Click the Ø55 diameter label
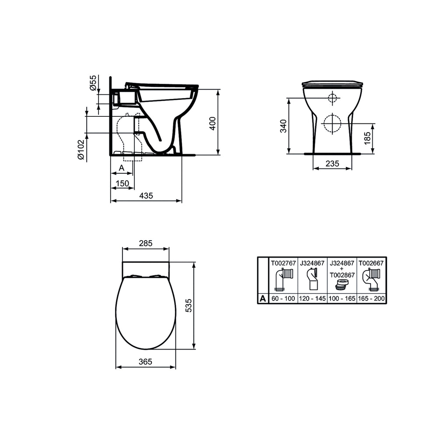[x=93, y=82]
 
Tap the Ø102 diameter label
[x=80, y=150]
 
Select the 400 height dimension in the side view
[x=212, y=123]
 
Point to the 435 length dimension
[x=146, y=196]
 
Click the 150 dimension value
[x=122, y=183]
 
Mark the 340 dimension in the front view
[x=283, y=126]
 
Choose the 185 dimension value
[x=367, y=139]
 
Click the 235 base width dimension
[x=332, y=163]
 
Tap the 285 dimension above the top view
[x=145, y=243]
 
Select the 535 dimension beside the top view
[x=188, y=305]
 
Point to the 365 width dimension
[x=145, y=362]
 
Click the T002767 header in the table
[x=283, y=263]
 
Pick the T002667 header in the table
[x=371, y=263]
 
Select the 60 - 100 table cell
[x=283, y=299]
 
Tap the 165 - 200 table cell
[x=371, y=299]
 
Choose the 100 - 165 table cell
[x=342, y=299]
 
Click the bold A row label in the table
[x=262, y=299]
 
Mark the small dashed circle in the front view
[x=332, y=98]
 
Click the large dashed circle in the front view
[x=332, y=123]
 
